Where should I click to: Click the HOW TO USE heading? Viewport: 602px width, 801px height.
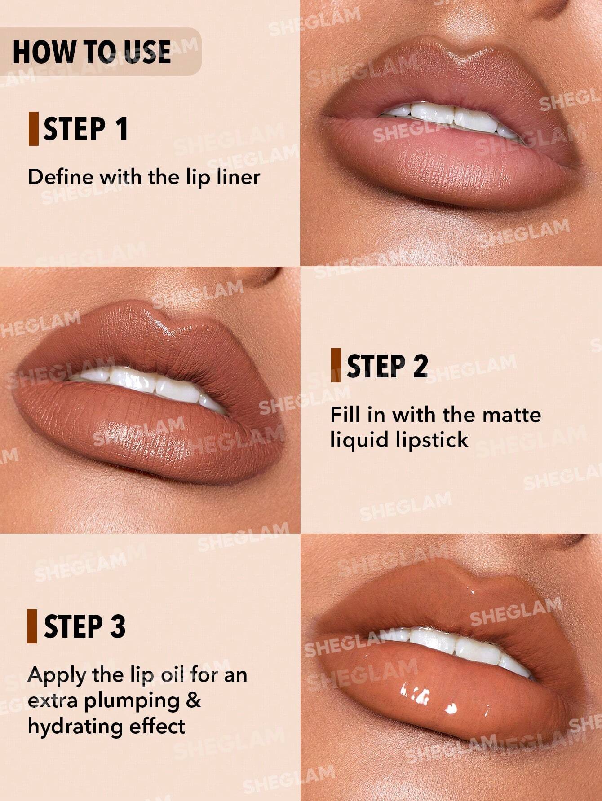click(92, 52)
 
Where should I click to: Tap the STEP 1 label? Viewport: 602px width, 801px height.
click(85, 129)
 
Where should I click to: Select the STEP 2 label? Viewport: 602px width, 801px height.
click(387, 366)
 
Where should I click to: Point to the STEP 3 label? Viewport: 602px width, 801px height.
click(84, 626)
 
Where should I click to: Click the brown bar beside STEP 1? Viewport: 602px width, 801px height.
click(33, 129)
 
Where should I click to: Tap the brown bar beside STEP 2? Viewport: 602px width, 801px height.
click(336, 365)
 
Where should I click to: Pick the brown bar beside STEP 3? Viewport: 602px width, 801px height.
click(32, 626)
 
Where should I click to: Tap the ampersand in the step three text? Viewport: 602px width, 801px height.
click(194, 700)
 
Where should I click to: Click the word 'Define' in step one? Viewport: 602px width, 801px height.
click(60, 177)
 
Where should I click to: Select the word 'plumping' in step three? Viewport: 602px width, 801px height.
click(132, 701)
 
